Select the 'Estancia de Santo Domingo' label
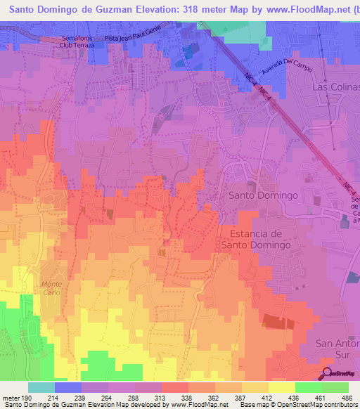(x=256, y=239)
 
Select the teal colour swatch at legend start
(x=41, y=387)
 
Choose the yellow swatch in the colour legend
(x=282, y=387)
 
